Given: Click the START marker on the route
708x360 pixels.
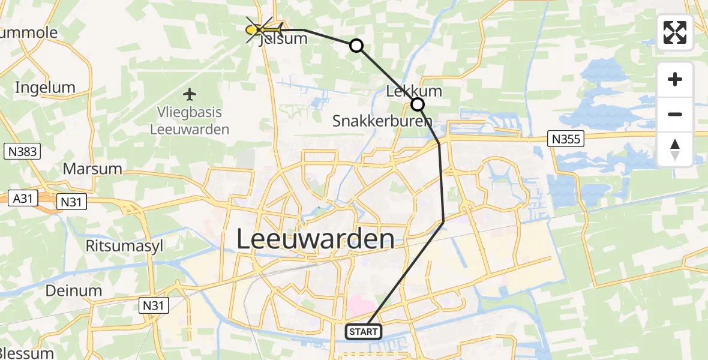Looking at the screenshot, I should pyautogui.click(x=364, y=331).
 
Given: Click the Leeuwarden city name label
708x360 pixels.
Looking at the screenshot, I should pyautogui.click(x=315, y=239).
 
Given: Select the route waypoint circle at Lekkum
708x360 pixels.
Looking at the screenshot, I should pyautogui.click(x=417, y=105).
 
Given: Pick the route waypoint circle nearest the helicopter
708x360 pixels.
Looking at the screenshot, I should pyautogui.click(x=356, y=46).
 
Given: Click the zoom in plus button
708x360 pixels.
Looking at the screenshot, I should pyautogui.click(x=675, y=80).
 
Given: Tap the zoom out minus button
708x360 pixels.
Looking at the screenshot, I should pyautogui.click(x=675, y=114).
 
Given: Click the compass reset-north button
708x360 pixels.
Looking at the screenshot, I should pyautogui.click(x=675, y=149).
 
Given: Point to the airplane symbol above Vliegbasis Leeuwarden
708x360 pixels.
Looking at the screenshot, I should pyautogui.click(x=190, y=94).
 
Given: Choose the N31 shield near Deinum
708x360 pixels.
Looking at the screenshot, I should pyautogui.click(x=154, y=306).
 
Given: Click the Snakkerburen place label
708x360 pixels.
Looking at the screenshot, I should pyautogui.click(x=382, y=121).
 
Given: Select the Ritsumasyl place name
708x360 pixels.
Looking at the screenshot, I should pyautogui.click(x=124, y=246).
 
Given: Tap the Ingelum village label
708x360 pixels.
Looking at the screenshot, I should pyautogui.click(x=45, y=88).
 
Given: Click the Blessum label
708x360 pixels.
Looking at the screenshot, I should pyautogui.click(x=27, y=353).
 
